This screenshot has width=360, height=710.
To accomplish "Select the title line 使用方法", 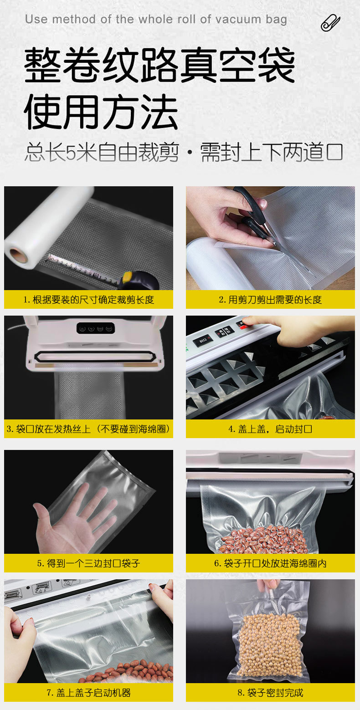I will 101,112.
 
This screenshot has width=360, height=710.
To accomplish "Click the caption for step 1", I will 88,299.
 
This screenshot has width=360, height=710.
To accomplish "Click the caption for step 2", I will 270,299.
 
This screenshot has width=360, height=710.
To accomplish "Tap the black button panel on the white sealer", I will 94,327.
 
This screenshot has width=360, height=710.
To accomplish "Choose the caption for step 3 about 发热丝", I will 88,429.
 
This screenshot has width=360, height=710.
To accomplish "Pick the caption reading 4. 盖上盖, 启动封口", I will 270,429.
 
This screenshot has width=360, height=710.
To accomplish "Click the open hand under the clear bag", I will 73,519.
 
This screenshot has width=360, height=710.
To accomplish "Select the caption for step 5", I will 88,563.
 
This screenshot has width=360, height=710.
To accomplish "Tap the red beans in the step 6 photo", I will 264,540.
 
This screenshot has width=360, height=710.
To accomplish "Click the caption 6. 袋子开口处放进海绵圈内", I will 270,563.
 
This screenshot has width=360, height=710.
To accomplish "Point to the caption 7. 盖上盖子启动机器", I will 88,693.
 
